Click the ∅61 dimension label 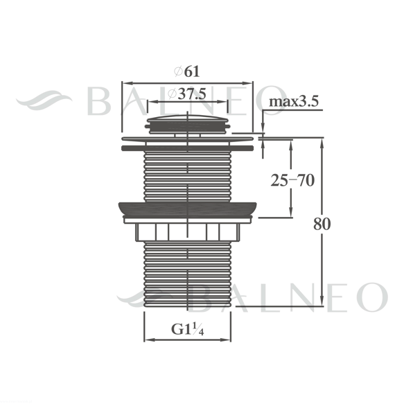pyautogui.click(x=187, y=71)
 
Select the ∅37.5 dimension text pyautogui.click(x=187, y=94)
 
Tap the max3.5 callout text pyautogui.click(x=294, y=101)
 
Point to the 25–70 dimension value pyautogui.click(x=292, y=180)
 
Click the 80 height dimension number pyautogui.click(x=322, y=224)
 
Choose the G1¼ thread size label pyautogui.click(x=187, y=329)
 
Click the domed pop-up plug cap pyautogui.click(x=188, y=125)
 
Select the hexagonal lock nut pyautogui.click(x=188, y=232)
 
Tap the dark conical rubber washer pyautogui.click(x=188, y=209)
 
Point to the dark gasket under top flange pyautogui.click(x=188, y=148)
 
